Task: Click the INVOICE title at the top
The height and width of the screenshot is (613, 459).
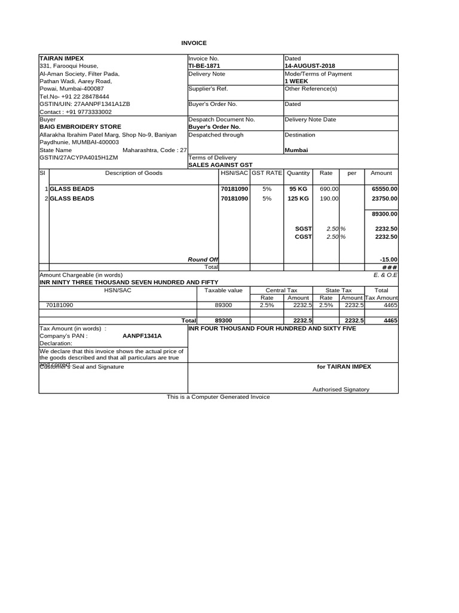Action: click(x=194, y=43)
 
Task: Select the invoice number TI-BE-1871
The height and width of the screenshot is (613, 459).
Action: click(x=204, y=66)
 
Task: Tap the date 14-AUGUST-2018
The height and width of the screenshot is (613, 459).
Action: click(x=311, y=66)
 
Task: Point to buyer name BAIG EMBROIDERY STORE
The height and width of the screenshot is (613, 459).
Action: click(x=80, y=127)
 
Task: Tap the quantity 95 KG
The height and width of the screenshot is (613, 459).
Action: click(x=298, y=189)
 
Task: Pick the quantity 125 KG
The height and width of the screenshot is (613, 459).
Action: click(x=298, y=198)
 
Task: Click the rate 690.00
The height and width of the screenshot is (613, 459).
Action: click(x=329, y=189)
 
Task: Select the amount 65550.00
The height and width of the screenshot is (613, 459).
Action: click(x=384, y=189)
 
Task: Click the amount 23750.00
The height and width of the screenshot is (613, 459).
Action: click(x=384, y=198)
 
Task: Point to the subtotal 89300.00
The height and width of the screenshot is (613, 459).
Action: click(x=384, y=213)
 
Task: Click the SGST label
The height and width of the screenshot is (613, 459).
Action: click(x=304, y=229)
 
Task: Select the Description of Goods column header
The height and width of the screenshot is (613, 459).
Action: click(x=133, y=173)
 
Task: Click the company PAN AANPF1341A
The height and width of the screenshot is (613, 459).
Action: click(x=142, y=336)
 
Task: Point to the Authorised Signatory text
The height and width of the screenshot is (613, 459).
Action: click(x=341, y=389)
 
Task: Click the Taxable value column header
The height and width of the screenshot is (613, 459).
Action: click(x=223, y=290)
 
